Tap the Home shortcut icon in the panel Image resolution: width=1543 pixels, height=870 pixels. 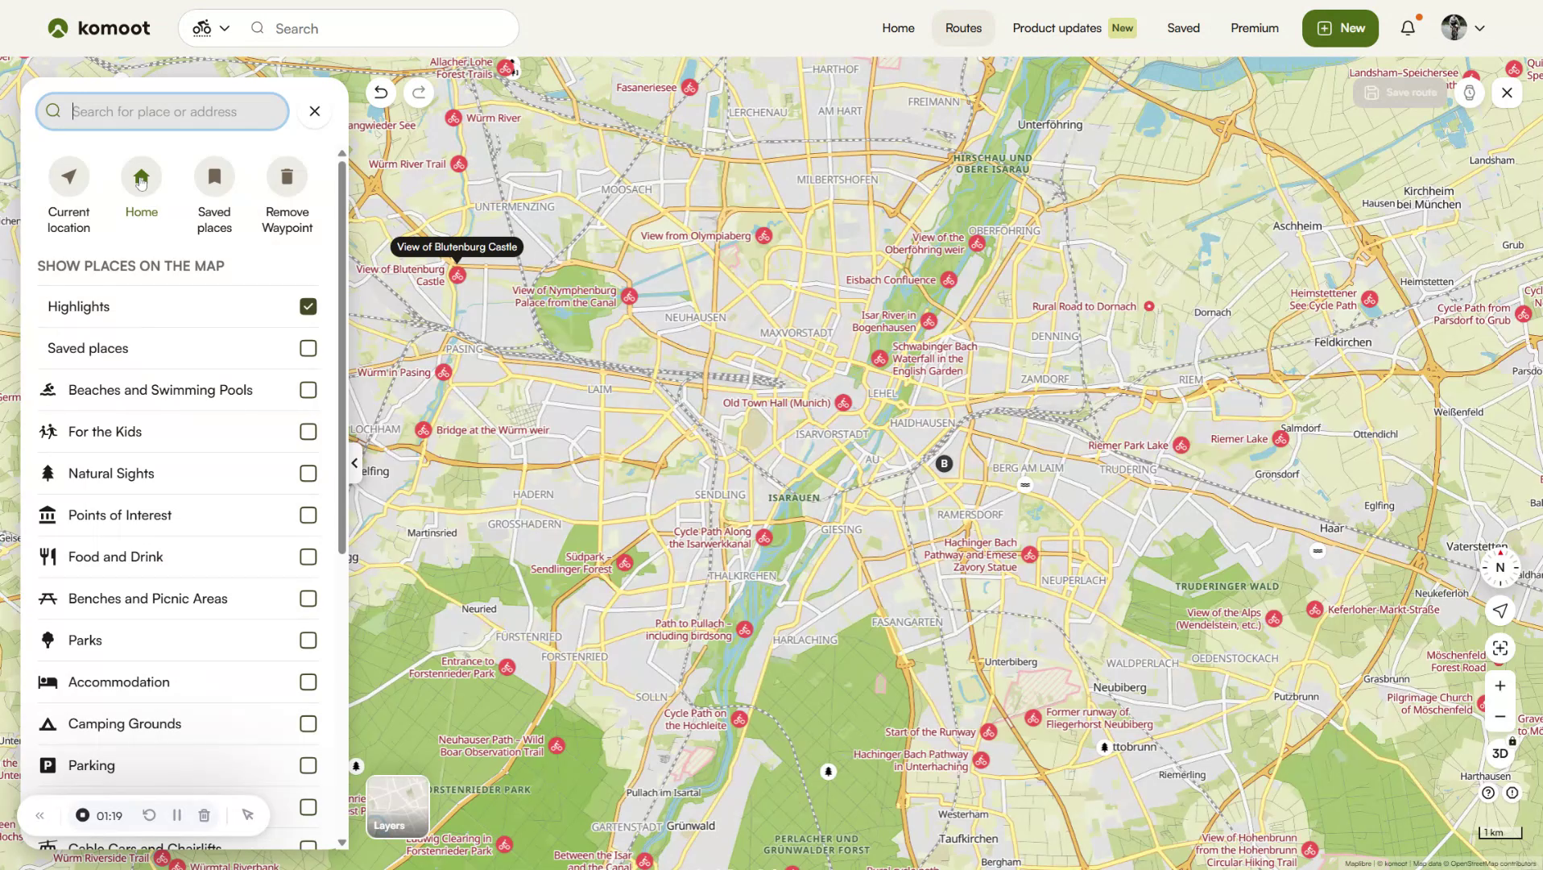coord(142,177)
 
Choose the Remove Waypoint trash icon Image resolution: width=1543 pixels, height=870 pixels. coord(287,177)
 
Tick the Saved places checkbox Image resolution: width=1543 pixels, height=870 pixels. coord(308,348)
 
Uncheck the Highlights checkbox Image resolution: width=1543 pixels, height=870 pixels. coord(308,306)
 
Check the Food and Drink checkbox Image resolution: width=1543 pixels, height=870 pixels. coord(308,557)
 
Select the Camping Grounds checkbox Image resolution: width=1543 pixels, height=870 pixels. coord(308,723)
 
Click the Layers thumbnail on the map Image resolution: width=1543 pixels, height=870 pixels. coord(398,806)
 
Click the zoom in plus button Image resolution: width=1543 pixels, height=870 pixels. coord(1500,686)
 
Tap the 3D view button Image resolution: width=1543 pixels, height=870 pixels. coord(1500,753)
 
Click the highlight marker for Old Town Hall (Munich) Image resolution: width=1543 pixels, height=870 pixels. coord(843,403)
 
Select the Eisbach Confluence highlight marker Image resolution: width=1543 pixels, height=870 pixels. coord(949,280)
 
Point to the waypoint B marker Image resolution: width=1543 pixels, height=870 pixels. coord(944,463)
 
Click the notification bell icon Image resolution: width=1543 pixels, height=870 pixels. coord(1407,28)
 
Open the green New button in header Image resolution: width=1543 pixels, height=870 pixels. coord(1340,28)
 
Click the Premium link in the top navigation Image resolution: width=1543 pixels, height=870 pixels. coord(1254,28)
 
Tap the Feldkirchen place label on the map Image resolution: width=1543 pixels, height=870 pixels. coord(1342,342)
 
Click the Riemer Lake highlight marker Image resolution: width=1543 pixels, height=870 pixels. coord(1280,439)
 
